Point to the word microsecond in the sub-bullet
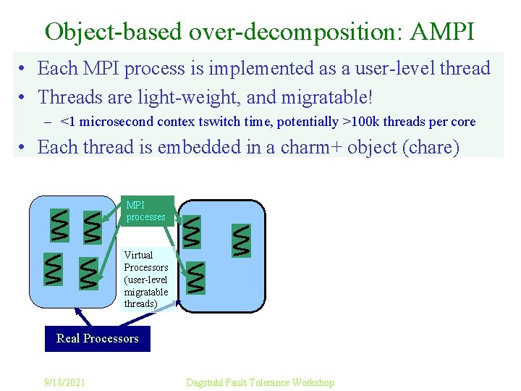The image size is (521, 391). pyautogui.click(x=111, y=122)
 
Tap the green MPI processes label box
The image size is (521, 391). pyautogui.click(x=146, y=211)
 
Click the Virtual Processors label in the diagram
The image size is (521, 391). pyautogui.click(x=146, y=279)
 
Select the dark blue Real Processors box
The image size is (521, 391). pyautogui.click(x=98, y=339)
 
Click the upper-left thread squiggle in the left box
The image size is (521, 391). pyautogui.click(x=59, y=225)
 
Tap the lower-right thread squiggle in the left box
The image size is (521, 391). pyautogui.click(x=88, y=273)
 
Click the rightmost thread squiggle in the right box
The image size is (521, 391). pyautogui.click(x=241, y=240)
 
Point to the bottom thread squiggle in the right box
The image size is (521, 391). pyautogui.click(x=195, y=277)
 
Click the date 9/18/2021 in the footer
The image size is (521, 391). pyautogui.click(x=63, y=382)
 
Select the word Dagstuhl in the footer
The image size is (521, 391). pyautogui.click(x=207, y=382)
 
